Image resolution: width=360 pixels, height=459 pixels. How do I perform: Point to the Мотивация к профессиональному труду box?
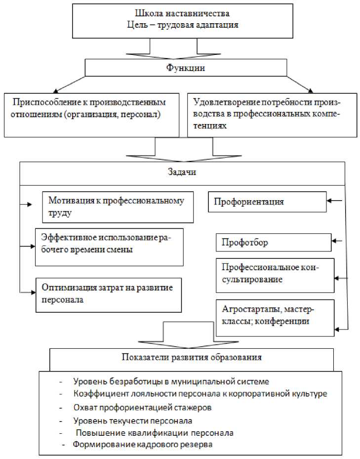coord(116,207)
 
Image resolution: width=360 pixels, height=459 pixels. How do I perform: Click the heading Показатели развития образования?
coord(192,357)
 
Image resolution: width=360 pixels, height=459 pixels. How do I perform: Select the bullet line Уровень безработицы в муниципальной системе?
coord(170,381)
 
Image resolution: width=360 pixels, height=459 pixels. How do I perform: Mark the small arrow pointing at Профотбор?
coord(338,241)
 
